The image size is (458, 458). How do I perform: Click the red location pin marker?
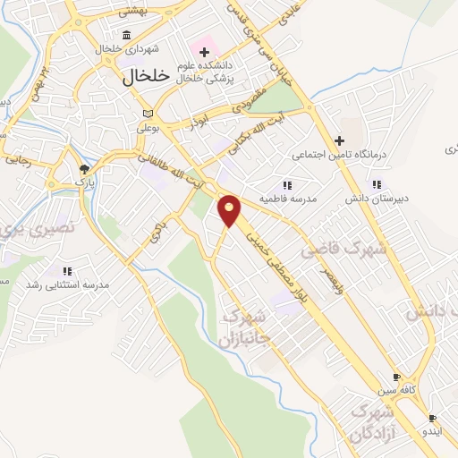[x=231, y=210]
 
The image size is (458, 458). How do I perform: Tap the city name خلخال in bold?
[x=144, y=78]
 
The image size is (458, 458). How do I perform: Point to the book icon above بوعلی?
[x=148, y=114]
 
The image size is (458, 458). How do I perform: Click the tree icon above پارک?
[x=84, y=167]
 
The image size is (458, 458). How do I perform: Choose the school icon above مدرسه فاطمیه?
[x=287, y=183]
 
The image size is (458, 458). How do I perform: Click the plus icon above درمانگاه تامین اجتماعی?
[x=339, y=140]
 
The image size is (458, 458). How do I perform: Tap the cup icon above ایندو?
[x=432, y=418]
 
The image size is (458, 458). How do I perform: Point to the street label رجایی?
[x=18, y=162]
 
